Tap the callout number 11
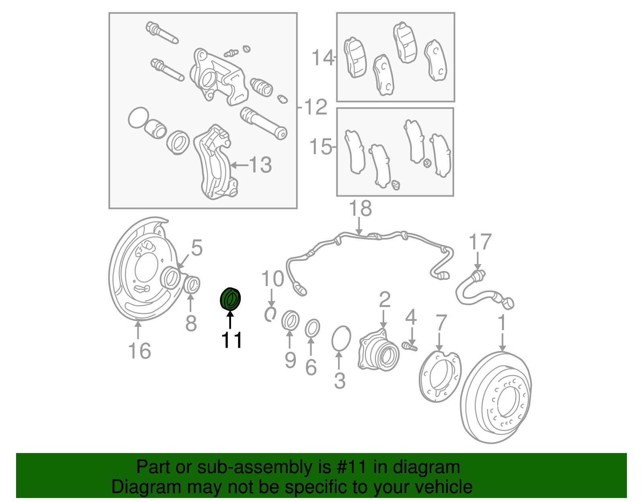[x=231, y=340]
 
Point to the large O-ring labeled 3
[x=341, y=338]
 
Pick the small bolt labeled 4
[x=410, y=345]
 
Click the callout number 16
[x=139, y=351]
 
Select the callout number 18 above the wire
[x=360, y=209]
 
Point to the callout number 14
[x=323, y=58]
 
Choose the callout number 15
[x=321, y=147]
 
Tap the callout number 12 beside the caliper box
[x=316, y=107]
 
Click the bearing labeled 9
[x=290, y=320]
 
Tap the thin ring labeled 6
[x=312, y=328]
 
